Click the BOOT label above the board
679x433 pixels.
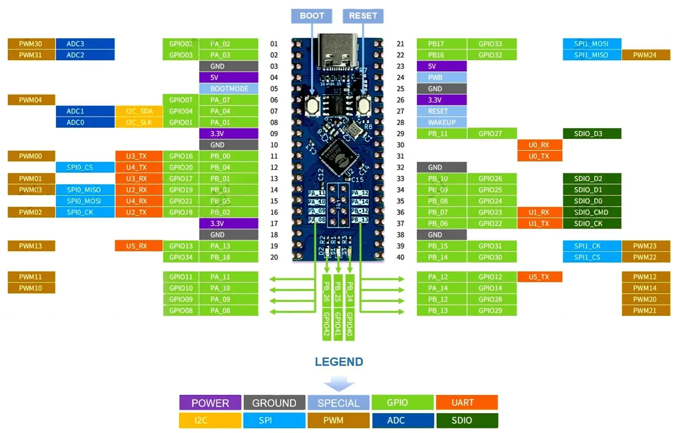pyautogui.click(x=312, y=16)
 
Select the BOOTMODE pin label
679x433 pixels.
pyautogui.click(x=229, y=88)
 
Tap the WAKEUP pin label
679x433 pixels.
pyautogui.click(x=442, y=122)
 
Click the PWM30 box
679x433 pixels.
pyautogui.click(x=31, y=44)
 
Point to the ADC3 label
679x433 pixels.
pyautogui.click(x=85, y=44)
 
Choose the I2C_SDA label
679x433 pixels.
pyautogui.click(x=139, y=111)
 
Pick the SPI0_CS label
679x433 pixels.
pyautogui.click(x=85, y=167)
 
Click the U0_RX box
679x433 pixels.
pyautogui.click(x=539, y=145)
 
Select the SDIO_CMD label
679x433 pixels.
pyautogui.click(x=591, y=212)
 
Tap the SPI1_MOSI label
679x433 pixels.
pyautogui.click(x=592, y=44)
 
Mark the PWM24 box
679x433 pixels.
pyautogui.click(x=645, y=55)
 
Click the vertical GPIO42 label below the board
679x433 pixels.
pyautogui.click(x=327, y=324)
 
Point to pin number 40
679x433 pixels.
pyautogui.click(x=400, y=257)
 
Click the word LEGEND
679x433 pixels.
pyautogui.click(x=339, y=362)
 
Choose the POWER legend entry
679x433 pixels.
pyautogui.click(x=210, y=403)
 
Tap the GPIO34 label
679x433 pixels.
pyautogui.click(x=181, y=257)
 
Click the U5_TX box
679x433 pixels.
pyautogui.click(x=539, y=277)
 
